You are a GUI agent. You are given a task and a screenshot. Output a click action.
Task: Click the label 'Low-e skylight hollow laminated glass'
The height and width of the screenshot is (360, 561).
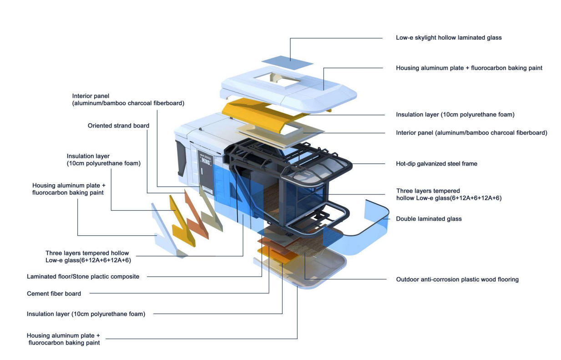(449, 38)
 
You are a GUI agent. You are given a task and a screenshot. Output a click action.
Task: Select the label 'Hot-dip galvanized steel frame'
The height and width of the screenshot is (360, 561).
(436, 164)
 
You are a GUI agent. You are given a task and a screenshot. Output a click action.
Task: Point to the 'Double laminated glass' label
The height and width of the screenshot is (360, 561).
(429, 219)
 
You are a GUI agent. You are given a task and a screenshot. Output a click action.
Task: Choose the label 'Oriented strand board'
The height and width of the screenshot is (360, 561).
(118, 126)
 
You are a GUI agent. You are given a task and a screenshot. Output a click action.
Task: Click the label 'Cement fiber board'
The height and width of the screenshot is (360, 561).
(54, 294)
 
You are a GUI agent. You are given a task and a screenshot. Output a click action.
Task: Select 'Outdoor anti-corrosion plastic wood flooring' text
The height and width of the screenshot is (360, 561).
(457, 279)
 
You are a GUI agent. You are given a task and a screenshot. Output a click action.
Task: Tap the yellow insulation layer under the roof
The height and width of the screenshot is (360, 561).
(255, 112)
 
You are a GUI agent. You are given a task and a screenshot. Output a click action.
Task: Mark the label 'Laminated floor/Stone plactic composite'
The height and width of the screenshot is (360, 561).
(83, 276)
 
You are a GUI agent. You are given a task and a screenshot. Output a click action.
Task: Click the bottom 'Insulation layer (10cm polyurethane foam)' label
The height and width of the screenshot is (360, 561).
(86, 314)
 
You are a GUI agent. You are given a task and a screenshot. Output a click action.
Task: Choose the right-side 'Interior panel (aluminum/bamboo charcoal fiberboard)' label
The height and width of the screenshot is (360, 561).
(471, 133)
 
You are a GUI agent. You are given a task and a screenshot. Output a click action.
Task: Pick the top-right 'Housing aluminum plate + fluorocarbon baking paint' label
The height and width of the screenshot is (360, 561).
(469, 68)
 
